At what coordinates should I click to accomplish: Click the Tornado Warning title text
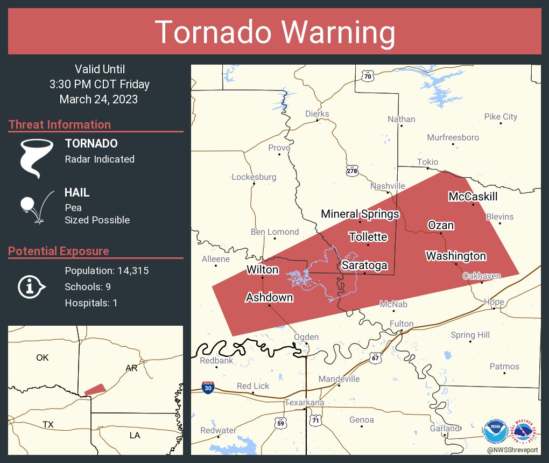click(275, 32)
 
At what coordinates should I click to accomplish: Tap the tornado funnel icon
click(37, 158)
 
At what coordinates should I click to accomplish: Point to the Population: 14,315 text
click(107, 270)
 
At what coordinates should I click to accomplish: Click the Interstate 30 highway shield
click(207, 387)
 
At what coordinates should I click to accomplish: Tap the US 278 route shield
click(352, 171)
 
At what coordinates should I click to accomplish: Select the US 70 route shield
click(367, 76)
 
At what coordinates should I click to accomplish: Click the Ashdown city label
click(269, 297)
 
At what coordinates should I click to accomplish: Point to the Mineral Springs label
click(360, 214)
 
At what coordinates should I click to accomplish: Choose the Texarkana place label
click(304, 403)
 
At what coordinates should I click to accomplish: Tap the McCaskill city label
click(473, 197)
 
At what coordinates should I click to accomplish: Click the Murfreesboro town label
click(453, 137)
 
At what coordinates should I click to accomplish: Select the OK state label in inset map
click(42, 357)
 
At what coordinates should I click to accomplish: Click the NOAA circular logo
click(495, 431)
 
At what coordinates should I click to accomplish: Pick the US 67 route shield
click(376, 357)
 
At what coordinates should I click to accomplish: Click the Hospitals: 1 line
click(91, 303)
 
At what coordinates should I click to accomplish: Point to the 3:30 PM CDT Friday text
click(99, 85)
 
